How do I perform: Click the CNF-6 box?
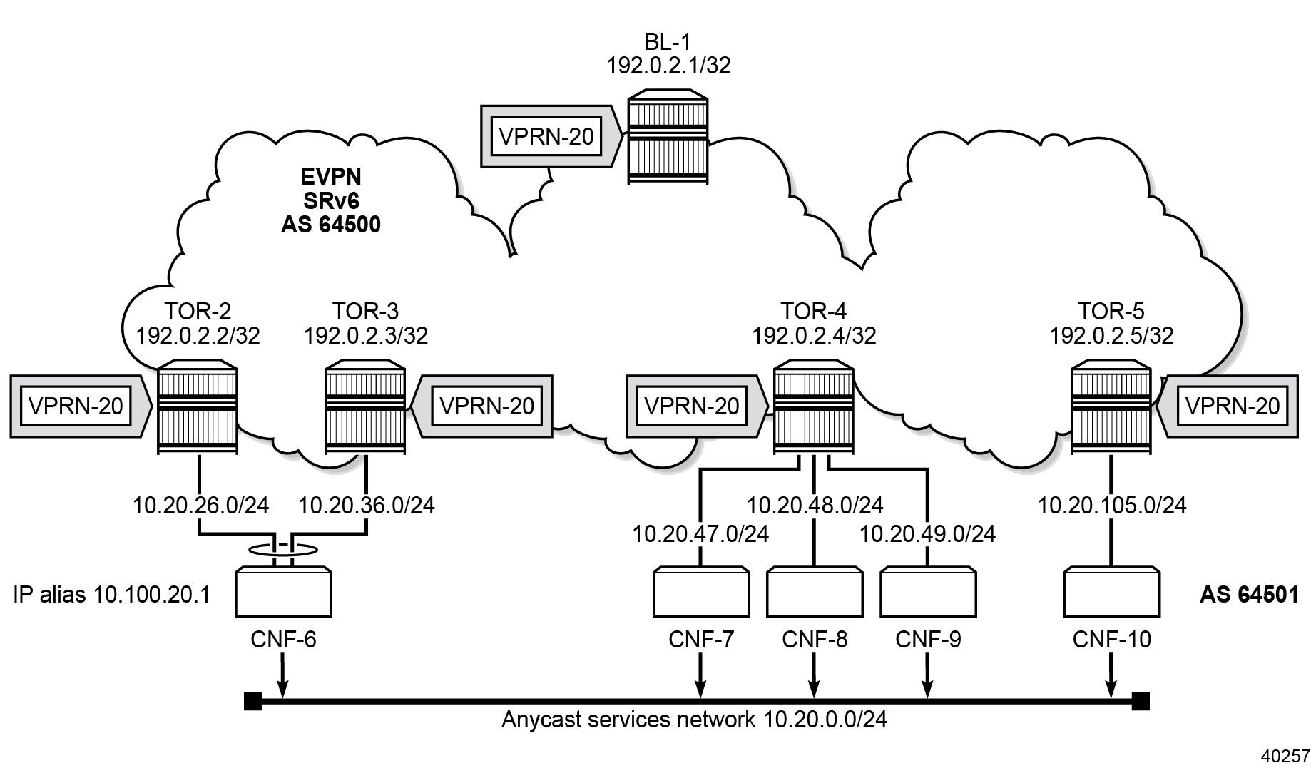(283, 591)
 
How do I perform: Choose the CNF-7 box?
(700, 591)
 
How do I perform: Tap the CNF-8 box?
(814, 591)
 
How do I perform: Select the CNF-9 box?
(927, 591)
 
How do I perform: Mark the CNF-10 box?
(1111, 591)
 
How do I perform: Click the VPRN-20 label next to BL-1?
(546, 136)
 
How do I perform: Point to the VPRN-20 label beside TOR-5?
(1233, 406)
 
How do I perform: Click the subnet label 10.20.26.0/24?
(200, 506)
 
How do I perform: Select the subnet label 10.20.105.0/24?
(1111, 506)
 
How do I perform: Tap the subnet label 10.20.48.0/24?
(815, 506)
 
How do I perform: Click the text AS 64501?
(1248, 595)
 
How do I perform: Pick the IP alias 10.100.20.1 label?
(112, 595)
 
